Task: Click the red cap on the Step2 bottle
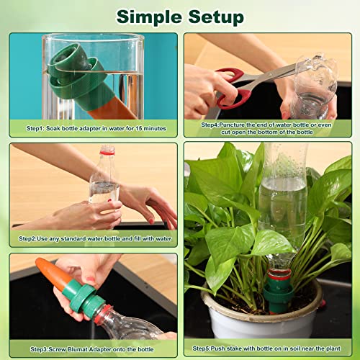(107, 151)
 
